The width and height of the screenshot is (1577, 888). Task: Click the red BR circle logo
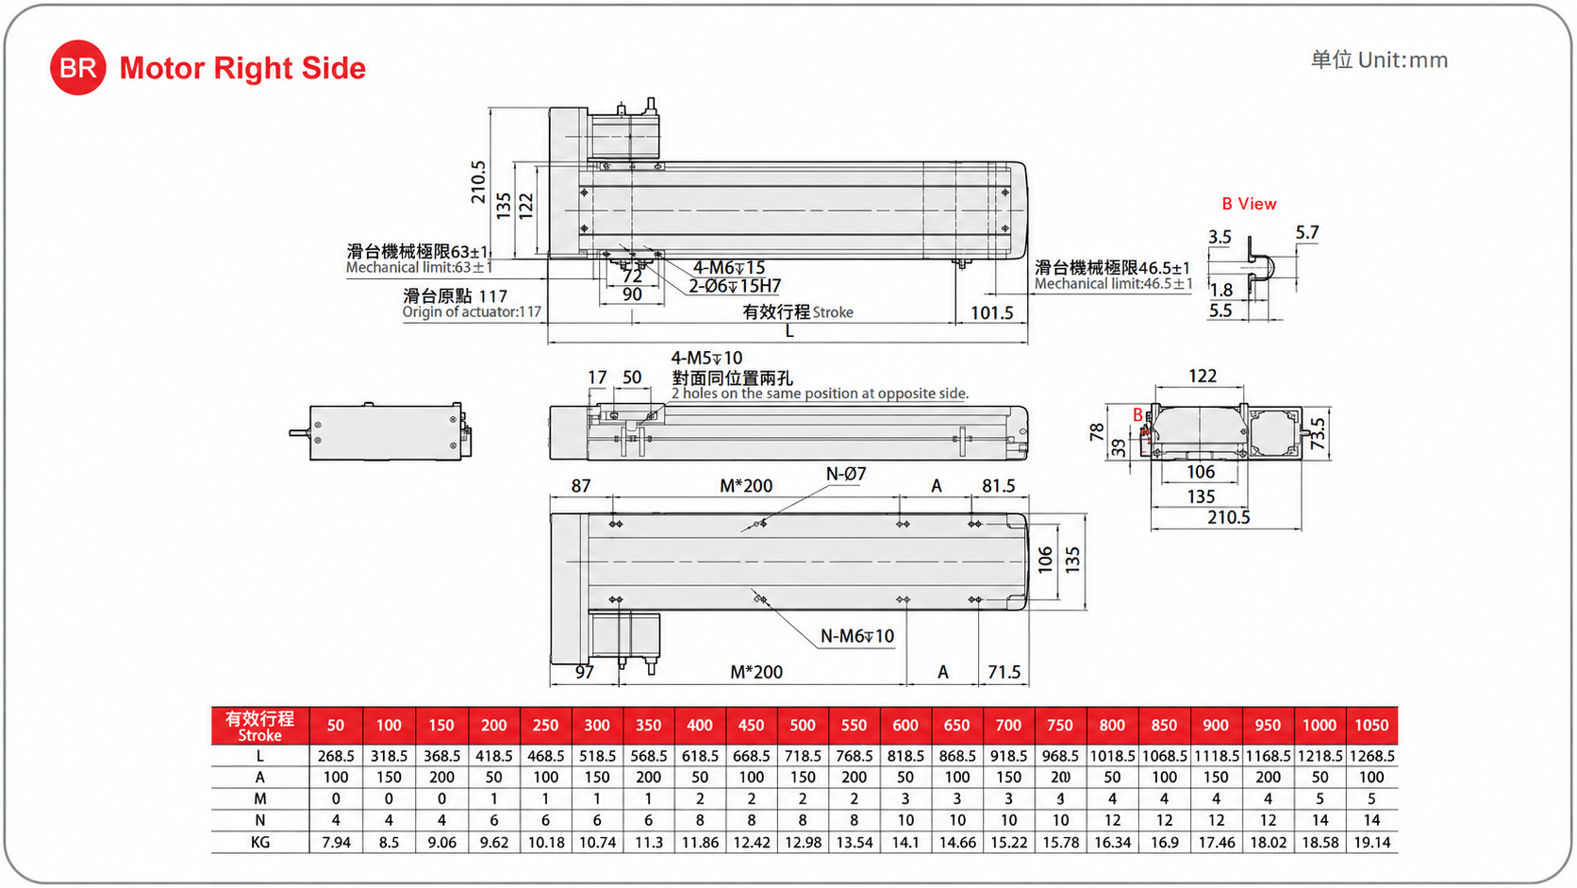(78, 68)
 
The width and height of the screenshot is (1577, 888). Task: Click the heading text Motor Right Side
(243, 68)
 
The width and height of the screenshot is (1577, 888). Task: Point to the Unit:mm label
(1403, 60)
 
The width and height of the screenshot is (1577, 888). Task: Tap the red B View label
(1249, 204)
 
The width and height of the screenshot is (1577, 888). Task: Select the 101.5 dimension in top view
(992, 312)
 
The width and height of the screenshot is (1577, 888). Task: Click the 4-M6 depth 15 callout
(729, 268)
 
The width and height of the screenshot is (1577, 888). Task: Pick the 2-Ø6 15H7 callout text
(735, 286)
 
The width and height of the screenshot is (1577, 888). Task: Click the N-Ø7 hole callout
(845, 474)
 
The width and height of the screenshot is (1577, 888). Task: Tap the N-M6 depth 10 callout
(856, 636)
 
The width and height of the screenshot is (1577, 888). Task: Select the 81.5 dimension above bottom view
(998, 486)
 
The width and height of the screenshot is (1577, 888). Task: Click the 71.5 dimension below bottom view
(1004, 672)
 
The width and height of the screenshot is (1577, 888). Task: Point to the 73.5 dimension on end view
(1318, 434)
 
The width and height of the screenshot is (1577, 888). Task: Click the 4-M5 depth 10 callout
(706, 358)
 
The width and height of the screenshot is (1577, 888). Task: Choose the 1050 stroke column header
(1371, 726)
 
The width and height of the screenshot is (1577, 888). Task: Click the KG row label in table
(259, 842)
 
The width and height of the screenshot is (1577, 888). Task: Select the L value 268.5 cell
(336, 756)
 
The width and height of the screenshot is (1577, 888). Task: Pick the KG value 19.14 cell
(1372, 842)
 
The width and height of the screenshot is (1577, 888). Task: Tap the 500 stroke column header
(802, 726)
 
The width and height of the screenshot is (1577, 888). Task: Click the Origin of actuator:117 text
(472, 312)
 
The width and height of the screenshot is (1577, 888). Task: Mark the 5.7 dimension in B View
(1306, 232)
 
